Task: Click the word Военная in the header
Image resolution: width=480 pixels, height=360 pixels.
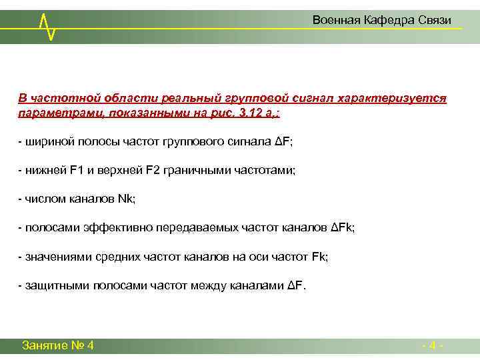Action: coord(336,21)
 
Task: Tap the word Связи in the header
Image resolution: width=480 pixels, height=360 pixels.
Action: coord(436,21)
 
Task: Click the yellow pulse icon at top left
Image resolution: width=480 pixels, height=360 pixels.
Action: coord(47,25)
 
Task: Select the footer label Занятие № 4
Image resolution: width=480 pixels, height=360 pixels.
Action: coord(57,345)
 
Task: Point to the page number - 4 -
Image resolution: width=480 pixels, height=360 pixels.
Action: coord(433,345)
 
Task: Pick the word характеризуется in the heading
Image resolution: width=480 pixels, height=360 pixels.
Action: coord(392,99)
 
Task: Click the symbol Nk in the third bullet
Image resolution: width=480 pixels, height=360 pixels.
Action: coord(125,199)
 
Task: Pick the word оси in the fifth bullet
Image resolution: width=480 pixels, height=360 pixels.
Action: coord(268,257)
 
